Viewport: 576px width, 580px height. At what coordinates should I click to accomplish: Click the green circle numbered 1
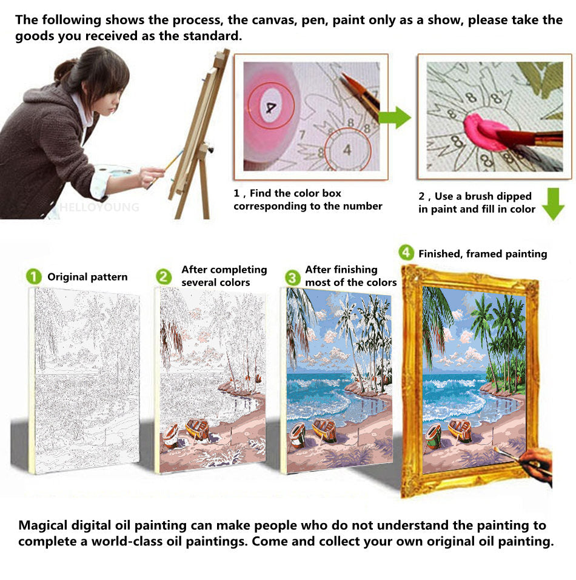[34, 277]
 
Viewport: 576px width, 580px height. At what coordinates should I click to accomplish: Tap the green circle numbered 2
[164, 277]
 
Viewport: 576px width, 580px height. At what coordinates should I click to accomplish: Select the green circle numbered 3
[293, 278]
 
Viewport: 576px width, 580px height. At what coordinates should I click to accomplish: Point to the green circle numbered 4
[406, 253]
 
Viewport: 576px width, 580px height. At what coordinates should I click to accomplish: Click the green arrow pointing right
[395, 118]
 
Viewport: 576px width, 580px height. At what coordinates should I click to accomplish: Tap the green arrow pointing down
[553, 204]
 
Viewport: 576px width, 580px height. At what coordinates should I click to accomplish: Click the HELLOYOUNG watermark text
[99, 207]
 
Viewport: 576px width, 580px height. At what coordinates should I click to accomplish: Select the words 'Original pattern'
[87, 277]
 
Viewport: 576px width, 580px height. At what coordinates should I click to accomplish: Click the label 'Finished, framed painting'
[483, 254]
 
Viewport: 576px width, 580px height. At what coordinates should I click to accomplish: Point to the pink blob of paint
[481, 132]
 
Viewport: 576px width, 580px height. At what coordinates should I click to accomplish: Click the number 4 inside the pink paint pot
[271, 107]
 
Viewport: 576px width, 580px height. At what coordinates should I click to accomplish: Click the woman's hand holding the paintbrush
[151, 177]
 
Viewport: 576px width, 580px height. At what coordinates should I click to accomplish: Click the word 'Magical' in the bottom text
[43, 525]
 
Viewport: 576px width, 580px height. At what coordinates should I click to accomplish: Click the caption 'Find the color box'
[295, 193]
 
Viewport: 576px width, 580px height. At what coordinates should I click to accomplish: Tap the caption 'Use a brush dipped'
[483, 196]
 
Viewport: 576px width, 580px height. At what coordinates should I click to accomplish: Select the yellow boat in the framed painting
[460, 430]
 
